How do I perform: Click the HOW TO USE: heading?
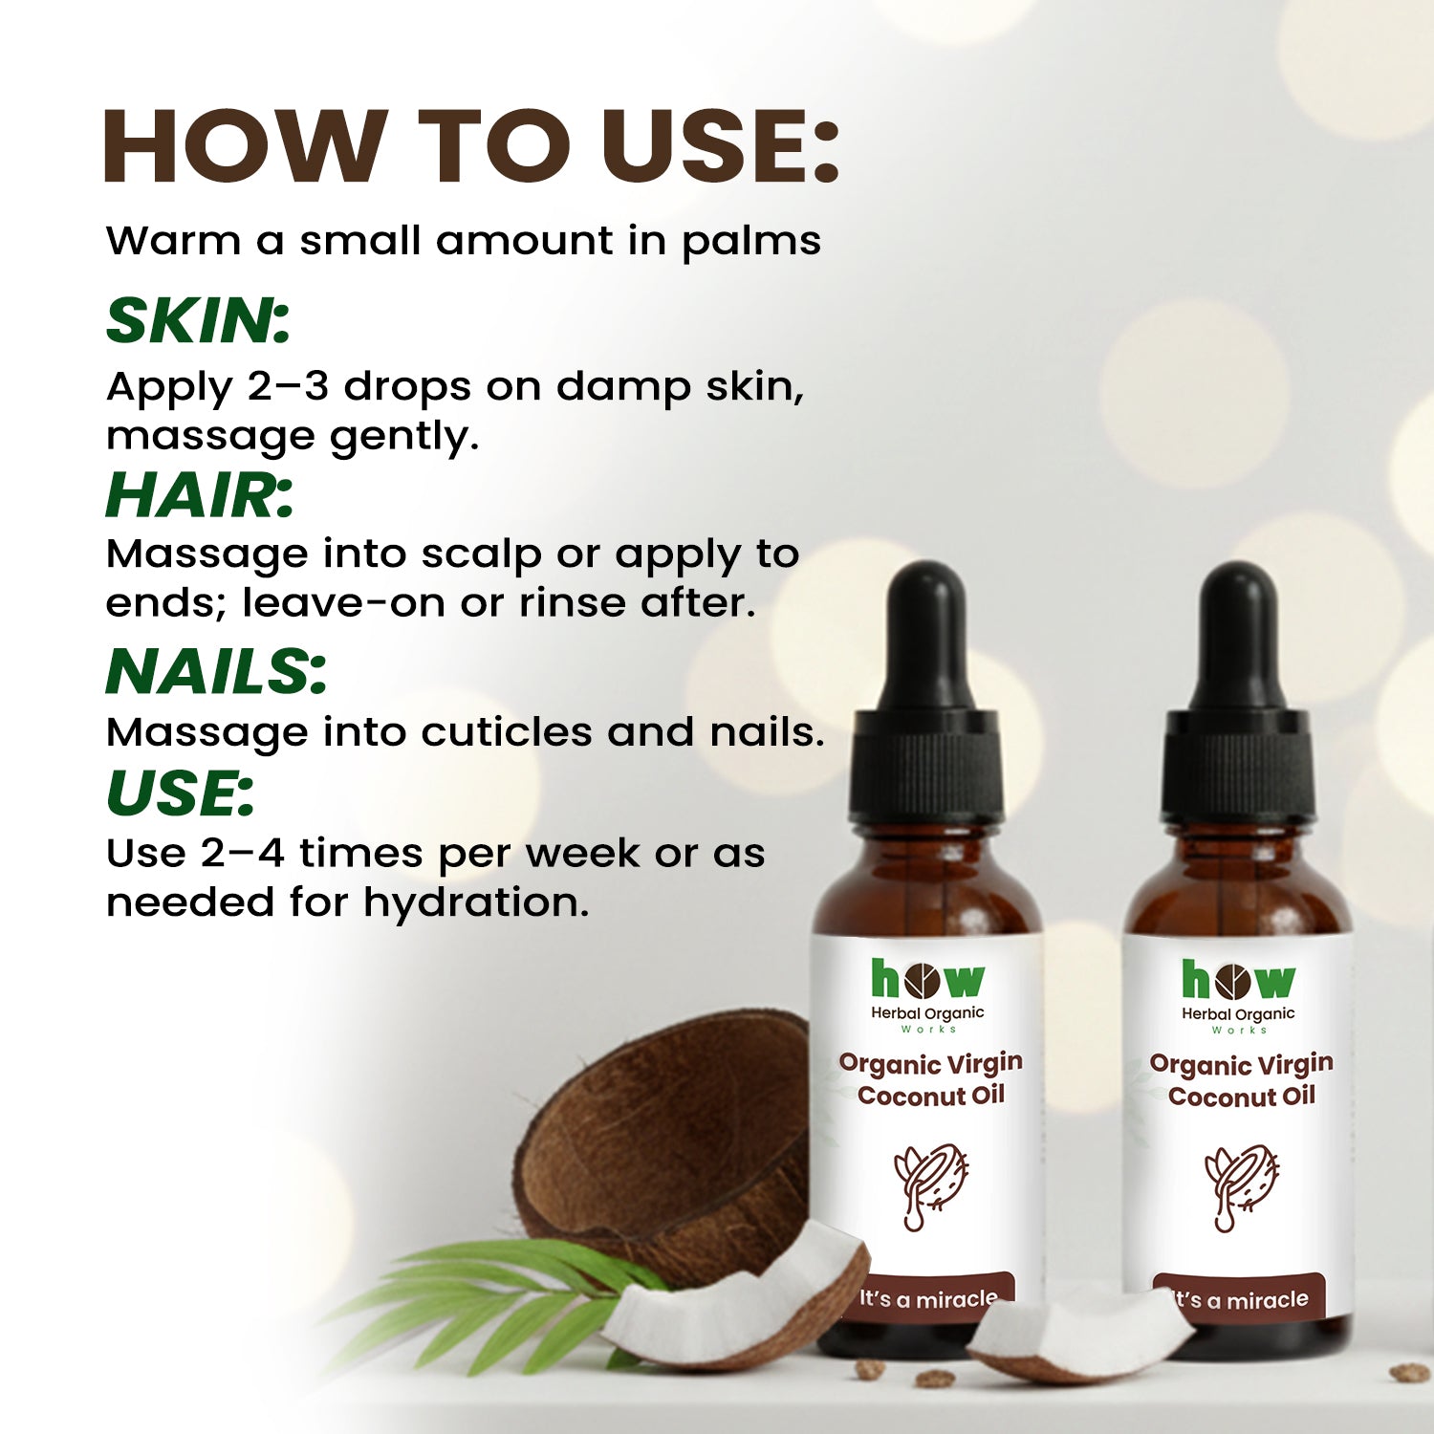[470, 145]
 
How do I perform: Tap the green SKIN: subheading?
[198, 320]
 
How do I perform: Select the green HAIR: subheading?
[199, 495]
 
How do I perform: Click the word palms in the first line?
[750, 242]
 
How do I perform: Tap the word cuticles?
[507, 731]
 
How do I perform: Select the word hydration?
[476, 903]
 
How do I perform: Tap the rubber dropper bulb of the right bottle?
[1238, 635]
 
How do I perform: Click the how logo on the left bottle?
[927, 980]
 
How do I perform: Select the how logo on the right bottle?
[1238, 981]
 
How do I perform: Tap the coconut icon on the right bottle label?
[1241, 1186]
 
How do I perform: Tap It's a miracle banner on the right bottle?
[1239, 1298]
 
